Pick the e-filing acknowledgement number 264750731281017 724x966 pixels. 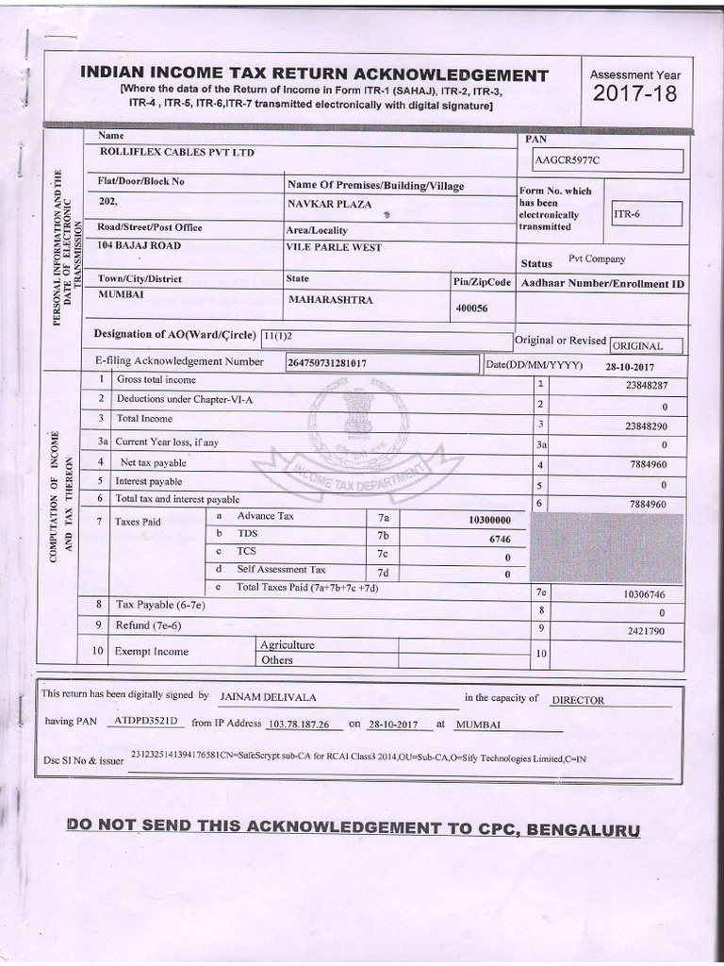(327, 362)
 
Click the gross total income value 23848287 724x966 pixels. (646, 385)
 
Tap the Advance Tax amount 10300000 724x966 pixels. (488, 520)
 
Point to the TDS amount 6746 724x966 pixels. (500, 538)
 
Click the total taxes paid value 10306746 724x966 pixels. (644, 594)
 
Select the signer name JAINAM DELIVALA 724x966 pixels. (269, 696)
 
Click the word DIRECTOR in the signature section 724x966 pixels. (578, 700)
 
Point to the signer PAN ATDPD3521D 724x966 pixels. (144, 721)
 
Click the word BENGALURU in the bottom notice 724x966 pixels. (584, 831)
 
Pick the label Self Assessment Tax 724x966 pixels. (281, 570)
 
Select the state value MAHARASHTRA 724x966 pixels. (330, 300)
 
